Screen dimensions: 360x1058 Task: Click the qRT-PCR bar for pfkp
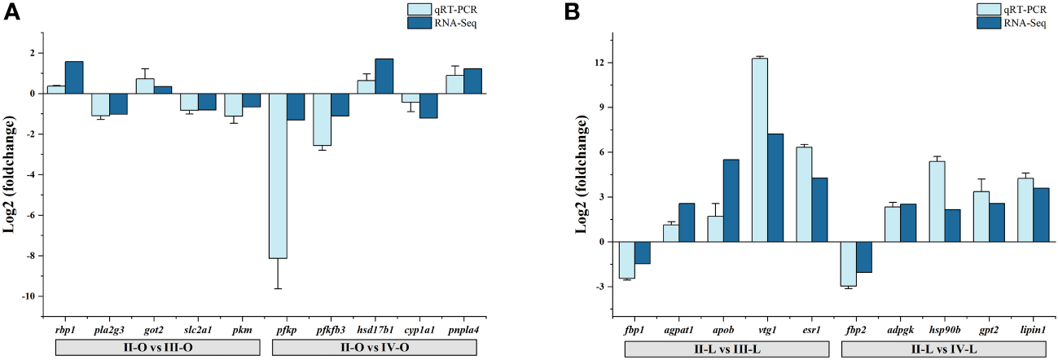(278, 175)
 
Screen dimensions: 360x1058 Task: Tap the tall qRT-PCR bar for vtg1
(760, 150)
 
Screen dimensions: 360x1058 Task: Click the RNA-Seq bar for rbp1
(74, 77)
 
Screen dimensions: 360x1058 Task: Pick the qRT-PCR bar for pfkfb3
(322, 119)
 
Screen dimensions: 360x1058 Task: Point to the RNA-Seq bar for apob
(731, 200)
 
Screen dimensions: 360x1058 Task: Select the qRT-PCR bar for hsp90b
(937, 201)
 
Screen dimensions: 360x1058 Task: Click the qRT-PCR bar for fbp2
(849, 263)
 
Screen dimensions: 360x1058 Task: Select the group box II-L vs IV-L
(938, 349)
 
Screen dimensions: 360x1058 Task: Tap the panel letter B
(573, 14)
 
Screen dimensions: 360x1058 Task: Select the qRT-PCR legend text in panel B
(1026, 10)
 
